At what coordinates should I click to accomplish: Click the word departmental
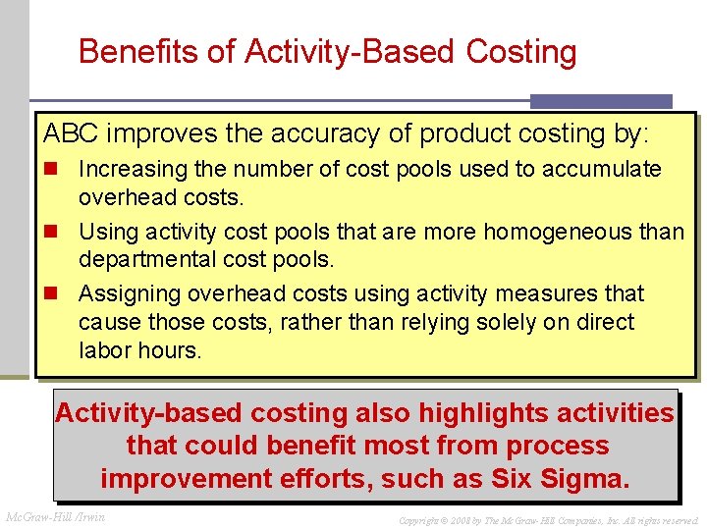pos(146,260)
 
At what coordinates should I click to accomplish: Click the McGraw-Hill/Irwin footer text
pos(56,516)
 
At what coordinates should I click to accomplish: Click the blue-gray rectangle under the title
pos(601,101)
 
